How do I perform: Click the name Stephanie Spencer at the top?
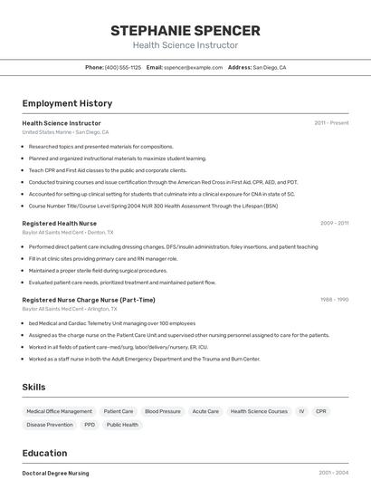[x=185, y=31]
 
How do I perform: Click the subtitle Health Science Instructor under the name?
[x=185, y=45]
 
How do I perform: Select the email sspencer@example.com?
[x=193, y=67]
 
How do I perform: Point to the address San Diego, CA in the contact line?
[x=269, y=67]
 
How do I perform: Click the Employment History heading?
[x=67, y=103]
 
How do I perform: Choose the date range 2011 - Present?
[x=331, y=123]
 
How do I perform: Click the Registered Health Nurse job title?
[x=60, y=223]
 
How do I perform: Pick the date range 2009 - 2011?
[x=334, y=223]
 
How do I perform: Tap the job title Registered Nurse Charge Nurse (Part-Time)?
[x=89, y=300]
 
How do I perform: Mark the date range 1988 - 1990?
[x=334, y=300]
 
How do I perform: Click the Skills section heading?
[x=33, y=387]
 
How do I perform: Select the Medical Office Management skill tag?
[x=60, y=411]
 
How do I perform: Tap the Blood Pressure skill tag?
[x=163, y=411]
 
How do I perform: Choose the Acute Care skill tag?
[x=205, y=411]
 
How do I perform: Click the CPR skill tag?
[x=321, y=411]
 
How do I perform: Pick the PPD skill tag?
[x=90, y=425]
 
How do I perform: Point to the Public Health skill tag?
[x=122, y=425]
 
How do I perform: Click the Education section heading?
[x=44, y=453]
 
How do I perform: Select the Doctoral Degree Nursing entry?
[x=56, y=473]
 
